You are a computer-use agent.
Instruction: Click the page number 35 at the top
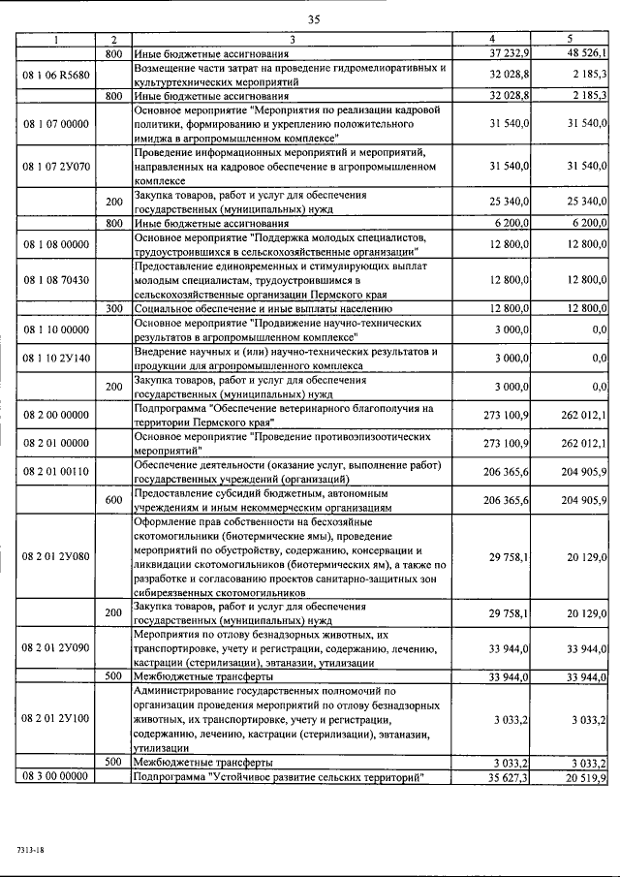314,19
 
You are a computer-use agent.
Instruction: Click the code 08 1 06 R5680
56,75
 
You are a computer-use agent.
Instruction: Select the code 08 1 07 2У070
56,167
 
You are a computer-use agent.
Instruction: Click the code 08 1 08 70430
56,279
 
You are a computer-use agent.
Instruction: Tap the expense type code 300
113,308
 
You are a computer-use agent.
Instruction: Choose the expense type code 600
113,499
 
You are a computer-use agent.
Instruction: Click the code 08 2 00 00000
56,415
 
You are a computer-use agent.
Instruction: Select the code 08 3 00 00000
56,776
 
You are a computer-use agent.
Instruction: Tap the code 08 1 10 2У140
56,358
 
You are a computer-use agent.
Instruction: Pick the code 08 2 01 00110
56,471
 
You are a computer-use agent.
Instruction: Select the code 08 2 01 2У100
56,718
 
